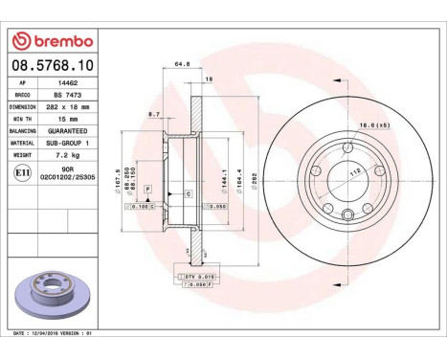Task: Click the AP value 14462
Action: click(x=64, y=83)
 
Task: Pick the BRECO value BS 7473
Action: click(x=64, y=96)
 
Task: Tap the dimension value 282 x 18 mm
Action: click(x=64, y=108)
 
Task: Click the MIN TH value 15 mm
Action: click(x=64, y=121)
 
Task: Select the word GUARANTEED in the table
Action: click(x=64, y=132)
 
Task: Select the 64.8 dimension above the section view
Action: click(x=181, y=65)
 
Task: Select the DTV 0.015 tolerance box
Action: click(x=194, y=275)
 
